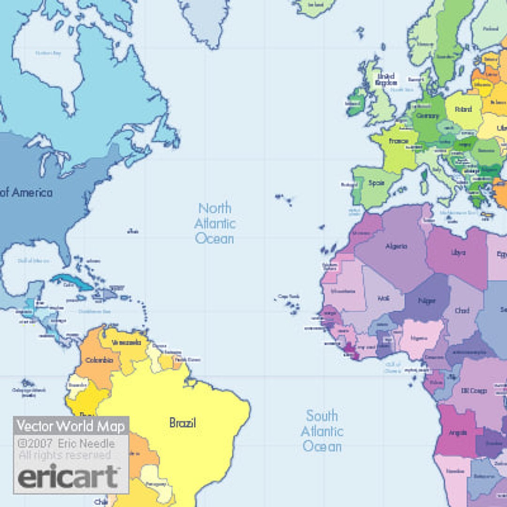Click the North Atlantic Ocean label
point(215,223)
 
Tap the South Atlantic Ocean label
point(322,431)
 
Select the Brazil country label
point(183,423)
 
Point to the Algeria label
point(396,246)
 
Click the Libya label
point(458,252)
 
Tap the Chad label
point(462,311)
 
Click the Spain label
point(376,184)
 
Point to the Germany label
point(427,115)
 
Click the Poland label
point(463,109)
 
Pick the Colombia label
point(100,360)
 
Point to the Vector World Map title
point(71,426)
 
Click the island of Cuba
point(70,282)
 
